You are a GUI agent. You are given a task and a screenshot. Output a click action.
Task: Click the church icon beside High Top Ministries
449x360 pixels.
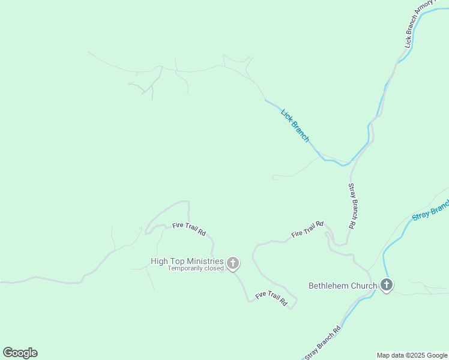(x=233, y=263)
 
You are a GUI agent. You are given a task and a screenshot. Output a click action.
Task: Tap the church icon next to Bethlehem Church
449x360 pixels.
(x=387, y=286)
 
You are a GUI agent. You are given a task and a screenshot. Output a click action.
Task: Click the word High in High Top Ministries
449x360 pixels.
(x=160, y=261)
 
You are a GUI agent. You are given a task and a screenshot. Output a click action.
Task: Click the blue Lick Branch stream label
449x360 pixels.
(x=295, y=125)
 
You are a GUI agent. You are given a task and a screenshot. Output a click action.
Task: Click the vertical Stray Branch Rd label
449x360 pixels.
(x=352, y=206)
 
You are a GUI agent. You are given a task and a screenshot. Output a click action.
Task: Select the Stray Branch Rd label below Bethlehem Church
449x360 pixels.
(x=322, y=343)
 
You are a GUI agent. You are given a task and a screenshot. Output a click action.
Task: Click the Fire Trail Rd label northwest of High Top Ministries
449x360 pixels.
(x=189, y=229)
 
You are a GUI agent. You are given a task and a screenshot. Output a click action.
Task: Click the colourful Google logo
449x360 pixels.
(x=20, y=353)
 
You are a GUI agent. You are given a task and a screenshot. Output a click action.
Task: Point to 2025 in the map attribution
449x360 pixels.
(x=413, y=355)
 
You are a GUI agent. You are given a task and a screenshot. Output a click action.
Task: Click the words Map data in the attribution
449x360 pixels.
(x=390, y=355)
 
